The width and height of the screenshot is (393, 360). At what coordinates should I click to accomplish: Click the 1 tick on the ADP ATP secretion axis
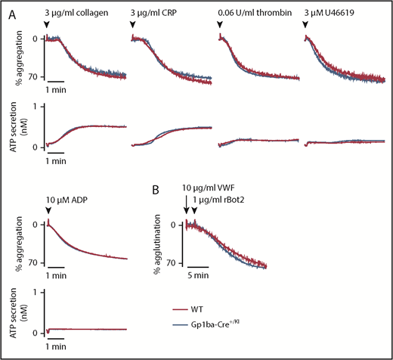point(34,291)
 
